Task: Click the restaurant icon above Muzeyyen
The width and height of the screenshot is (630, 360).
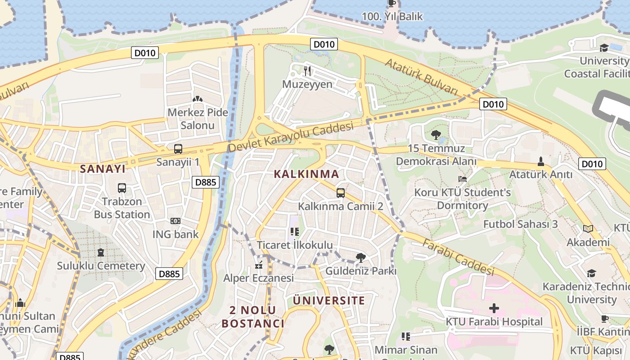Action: point(308,71)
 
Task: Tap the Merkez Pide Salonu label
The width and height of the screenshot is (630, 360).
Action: point(198,119)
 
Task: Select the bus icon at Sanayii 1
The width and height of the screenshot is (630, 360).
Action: point(178,149)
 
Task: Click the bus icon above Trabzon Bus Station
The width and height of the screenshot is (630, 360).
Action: point(122,188)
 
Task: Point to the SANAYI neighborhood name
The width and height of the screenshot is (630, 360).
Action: point(103,169)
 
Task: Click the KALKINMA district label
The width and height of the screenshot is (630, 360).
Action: point(306,174)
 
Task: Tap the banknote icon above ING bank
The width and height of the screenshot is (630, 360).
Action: point(175,221)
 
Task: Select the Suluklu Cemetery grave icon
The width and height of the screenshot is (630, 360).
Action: point(101,252)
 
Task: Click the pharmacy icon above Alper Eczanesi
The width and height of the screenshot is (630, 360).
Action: point(258,265)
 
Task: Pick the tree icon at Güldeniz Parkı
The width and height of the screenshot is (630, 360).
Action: point(360,258)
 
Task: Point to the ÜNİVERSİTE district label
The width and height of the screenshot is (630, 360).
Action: point(329,301)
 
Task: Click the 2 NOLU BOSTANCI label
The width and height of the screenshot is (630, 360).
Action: point(253,317)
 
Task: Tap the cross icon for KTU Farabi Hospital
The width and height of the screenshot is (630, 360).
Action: point(494,308)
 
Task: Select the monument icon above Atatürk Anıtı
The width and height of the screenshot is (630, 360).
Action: point(541,161)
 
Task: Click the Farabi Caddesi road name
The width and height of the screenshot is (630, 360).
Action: point(459,256)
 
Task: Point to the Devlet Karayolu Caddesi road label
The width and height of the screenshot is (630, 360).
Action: point(291,138)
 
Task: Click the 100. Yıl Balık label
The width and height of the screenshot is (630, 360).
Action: point(392,17)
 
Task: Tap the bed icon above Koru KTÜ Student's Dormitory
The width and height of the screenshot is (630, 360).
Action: point(462,179)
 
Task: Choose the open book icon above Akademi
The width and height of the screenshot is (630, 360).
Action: point(588,229)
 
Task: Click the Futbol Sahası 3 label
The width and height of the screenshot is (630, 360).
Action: point(521,224)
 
